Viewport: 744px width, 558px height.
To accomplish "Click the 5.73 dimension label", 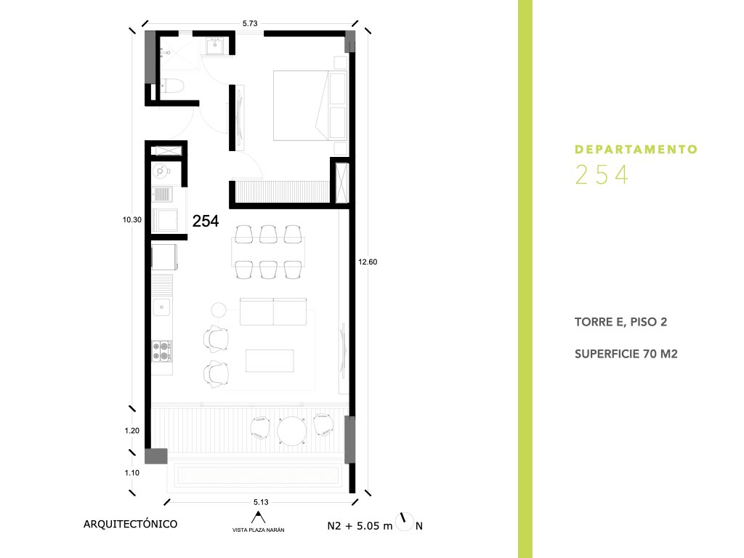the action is [250, 23].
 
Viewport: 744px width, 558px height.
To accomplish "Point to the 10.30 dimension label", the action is [132, 219].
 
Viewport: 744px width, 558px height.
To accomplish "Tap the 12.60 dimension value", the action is [368, 262].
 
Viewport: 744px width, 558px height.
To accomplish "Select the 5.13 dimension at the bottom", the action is [261, 502].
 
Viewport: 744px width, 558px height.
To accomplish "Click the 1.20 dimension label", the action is [132, 431].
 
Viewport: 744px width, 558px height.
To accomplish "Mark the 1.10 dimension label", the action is [132, 473].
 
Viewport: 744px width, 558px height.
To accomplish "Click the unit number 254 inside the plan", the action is [206, 221].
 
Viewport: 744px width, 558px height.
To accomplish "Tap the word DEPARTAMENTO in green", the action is [636, 150].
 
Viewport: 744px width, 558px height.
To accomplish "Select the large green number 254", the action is [602, 174].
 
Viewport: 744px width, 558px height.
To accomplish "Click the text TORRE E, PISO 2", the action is [620, 322].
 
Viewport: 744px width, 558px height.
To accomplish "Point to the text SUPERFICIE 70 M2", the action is [626, 354].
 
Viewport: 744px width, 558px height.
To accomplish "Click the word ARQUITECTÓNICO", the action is [131, 525].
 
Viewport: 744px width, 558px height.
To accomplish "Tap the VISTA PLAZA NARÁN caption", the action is [258, 530].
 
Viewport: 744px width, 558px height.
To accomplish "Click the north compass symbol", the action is [404, 522].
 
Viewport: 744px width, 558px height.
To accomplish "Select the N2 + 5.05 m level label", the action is [360, 526].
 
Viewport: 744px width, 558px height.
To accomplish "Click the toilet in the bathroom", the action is [171, 86].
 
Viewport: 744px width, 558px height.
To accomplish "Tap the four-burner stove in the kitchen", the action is [162, 351].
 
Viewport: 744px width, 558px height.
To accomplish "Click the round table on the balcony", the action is [292, 431].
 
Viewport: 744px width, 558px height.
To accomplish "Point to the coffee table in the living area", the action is [270, 360].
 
